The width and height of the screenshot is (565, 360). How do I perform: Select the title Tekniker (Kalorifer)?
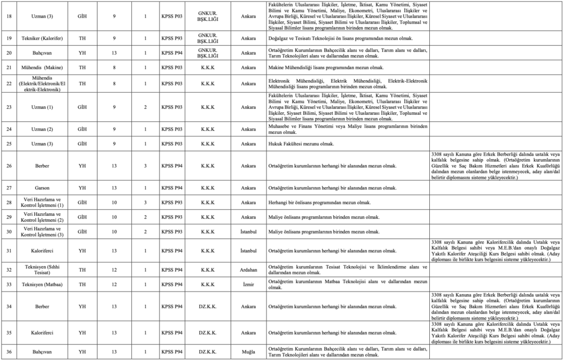42,40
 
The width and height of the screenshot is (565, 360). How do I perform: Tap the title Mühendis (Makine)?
42,67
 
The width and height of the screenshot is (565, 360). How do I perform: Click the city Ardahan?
248,270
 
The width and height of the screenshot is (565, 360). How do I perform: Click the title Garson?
42,188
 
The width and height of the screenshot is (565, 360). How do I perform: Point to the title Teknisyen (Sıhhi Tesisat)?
42,270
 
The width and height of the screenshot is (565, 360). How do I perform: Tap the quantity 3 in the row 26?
145,166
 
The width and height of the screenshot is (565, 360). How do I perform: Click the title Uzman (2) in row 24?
42,129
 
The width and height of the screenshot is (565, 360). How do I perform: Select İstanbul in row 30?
248,232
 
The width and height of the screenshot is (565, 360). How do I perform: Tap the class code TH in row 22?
82,83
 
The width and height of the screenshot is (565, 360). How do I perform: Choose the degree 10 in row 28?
114,203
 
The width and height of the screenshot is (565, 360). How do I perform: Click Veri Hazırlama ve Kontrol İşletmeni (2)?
42,217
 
